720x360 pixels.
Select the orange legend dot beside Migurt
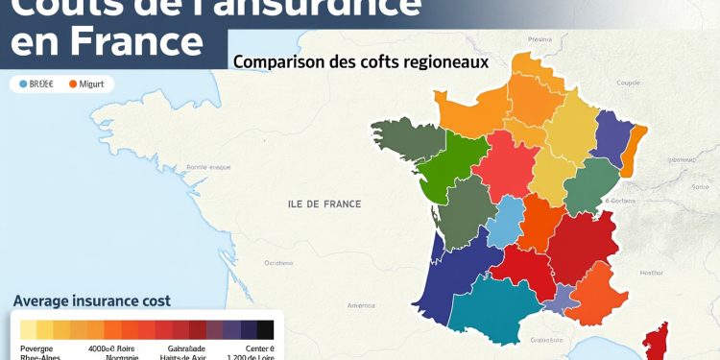click(x=73, y=84)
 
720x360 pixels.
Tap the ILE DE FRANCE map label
click(x=324, y=204)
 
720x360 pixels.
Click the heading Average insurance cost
click(x=91, y=300)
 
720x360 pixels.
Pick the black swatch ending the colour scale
click(x=265, y=329)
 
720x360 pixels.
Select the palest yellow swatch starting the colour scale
click(x=28, y=329)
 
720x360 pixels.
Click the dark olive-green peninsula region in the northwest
click(x=403, y=140)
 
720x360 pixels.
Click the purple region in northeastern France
click(x=610, y=134)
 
